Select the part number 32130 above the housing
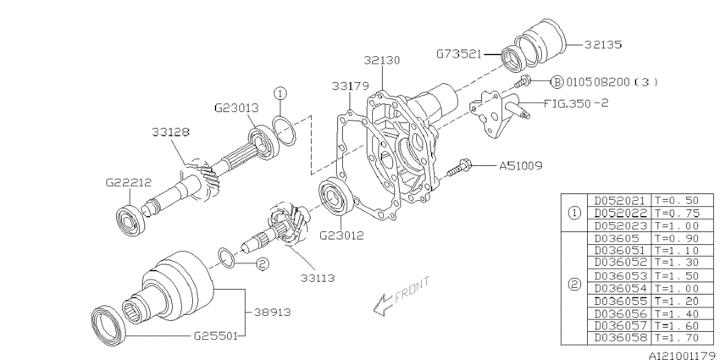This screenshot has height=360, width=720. [383, 60]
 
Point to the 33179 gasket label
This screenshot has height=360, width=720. [349, 85]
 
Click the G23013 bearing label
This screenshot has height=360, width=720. [233, 108]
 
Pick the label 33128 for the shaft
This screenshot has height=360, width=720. [170, 133]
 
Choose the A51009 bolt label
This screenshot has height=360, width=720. [521, 166]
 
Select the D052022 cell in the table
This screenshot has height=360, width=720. [616, 212]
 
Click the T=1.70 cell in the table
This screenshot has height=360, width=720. [674, 339]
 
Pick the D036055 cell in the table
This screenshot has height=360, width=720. [616, 301]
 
